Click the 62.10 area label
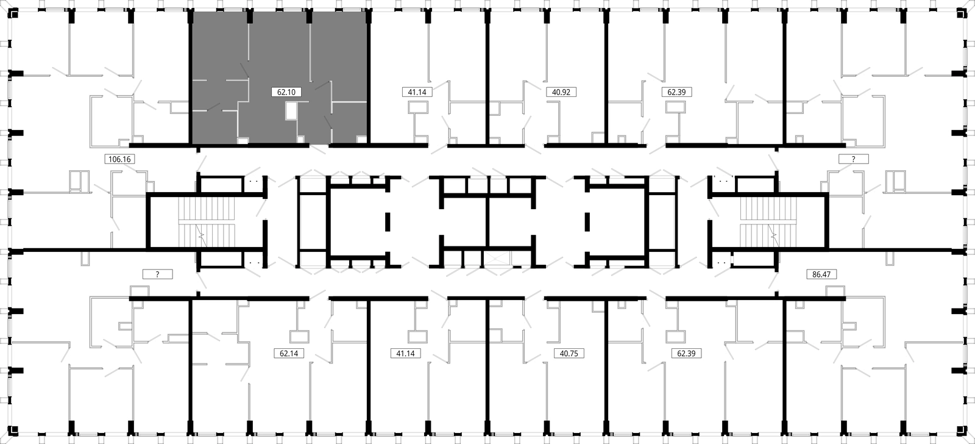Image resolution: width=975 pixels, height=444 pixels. pyautogui.click(x=286, y=92)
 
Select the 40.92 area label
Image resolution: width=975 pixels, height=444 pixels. pyautogui.click(x=561, y=92)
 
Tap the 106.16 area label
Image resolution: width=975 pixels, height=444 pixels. pyautogui.click(x=119, y=159)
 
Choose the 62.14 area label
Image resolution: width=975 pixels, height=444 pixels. pyautogui.click(x=289, y=353)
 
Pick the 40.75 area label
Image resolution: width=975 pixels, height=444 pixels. pyautogui.click(x=569, y=353)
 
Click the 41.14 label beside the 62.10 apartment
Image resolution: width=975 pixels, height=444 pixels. pyautogui.click(x=417, y=92)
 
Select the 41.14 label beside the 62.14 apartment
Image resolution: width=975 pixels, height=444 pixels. pyautogui.click(x=406, y=353)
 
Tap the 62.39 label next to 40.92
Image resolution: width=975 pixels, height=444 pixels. pyautogui.click(x=677, y=92)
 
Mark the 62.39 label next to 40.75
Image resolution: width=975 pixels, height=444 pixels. pyautogui.click(x=686, y=353)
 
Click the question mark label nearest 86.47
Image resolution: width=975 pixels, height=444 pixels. pyautogui.click(x=854, y=159)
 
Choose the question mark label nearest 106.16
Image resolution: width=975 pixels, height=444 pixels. pyautogui.click(x=158, y=274)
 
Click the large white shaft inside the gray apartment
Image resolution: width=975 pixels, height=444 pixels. pyautogui.click(x=291, y=110)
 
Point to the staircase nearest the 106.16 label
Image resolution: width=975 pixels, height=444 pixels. pyautogui.click(x=207, y=222)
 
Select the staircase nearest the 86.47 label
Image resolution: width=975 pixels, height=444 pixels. pyautogui.click(x=768, y=222)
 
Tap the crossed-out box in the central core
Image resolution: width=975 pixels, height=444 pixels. pyautogui.click(x=497, y=259)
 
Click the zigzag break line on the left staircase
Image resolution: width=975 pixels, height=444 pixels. pyautogui.click(x=201, y=235)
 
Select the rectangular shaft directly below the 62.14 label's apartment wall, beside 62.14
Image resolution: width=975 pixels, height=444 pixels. pyautogui.click(x=299, y=337)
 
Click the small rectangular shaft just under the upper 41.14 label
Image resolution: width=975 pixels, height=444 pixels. pyautogui.click(x=418, y=107)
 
